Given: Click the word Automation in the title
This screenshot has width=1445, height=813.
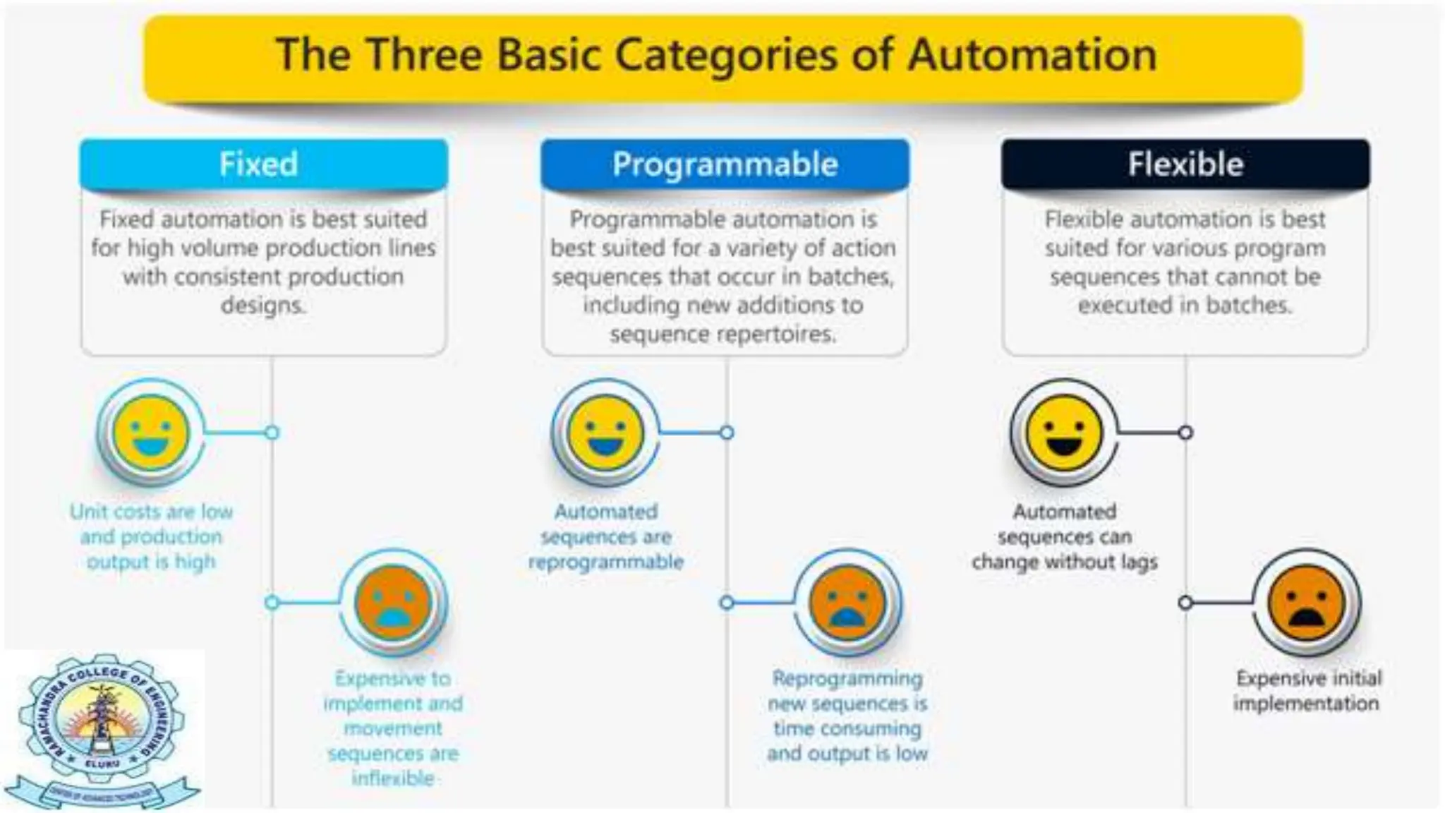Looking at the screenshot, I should [1032, 55].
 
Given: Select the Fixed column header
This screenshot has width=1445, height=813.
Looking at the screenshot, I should [259, 164].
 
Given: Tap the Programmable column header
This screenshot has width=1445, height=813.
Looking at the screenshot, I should [725, 164].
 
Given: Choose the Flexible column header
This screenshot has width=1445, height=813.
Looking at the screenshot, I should [1185, 164].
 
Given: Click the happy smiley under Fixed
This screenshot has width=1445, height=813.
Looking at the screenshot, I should [151, 432].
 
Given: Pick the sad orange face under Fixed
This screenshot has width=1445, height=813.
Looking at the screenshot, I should [393, 603].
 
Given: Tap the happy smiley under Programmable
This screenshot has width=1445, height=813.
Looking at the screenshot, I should [605, 432].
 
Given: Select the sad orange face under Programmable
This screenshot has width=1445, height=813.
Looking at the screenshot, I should [847, 603].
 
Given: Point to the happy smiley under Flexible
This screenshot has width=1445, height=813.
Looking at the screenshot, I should [1064, 432].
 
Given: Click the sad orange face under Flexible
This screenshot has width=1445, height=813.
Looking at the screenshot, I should [1307, 603].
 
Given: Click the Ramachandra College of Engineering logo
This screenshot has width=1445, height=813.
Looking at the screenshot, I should [102, 730].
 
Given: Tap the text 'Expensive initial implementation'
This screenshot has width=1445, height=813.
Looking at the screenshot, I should [1307, 690].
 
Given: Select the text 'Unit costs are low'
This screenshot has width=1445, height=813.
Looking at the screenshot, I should [151, 511].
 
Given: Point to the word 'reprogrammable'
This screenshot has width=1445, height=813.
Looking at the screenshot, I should [606, 562].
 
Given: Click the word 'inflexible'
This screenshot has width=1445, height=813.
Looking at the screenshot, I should [393, 778].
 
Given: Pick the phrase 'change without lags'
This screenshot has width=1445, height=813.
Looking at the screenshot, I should [1065, 562].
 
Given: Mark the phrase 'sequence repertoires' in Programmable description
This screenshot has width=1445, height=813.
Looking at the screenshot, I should [723, 333].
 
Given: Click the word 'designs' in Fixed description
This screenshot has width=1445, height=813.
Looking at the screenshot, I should [262, 305].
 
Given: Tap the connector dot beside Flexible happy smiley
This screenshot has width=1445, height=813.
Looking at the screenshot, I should [1185, 432].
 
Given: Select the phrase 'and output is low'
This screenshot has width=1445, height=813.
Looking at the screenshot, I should [847, 753].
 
